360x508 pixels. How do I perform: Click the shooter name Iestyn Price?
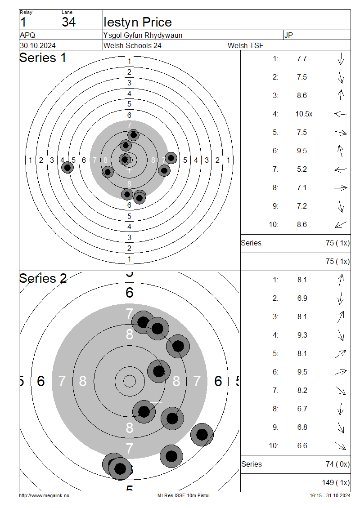pyautogui.click(x=138, y=22)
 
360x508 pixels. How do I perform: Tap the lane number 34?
pyautogui.click(x=69, y=22)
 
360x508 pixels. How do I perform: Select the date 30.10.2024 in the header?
pyautogui.click(x=38, y=45)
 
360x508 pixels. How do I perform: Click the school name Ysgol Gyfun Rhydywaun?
pyautogui.click(x=143, y=35)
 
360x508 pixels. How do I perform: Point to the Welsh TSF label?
pyautogui.click(x=246, y=45)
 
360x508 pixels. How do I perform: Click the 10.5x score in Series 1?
pyautogui.click(x=304, y=114)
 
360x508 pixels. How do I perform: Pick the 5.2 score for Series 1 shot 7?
pyautogui.click(x=302, y=169)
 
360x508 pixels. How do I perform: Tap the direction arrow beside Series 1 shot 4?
pyautogui.click(x=341, y=114)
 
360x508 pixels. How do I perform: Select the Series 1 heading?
pyautogui.click(x=42, y=58)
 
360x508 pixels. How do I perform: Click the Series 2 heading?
pyautogui.click(x=43, y=279)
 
